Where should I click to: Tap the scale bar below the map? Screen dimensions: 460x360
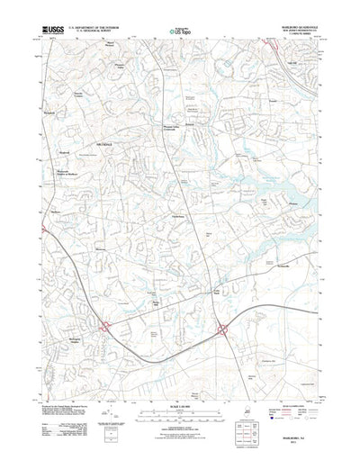(180, 397)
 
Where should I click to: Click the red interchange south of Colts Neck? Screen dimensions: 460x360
(221, 330)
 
